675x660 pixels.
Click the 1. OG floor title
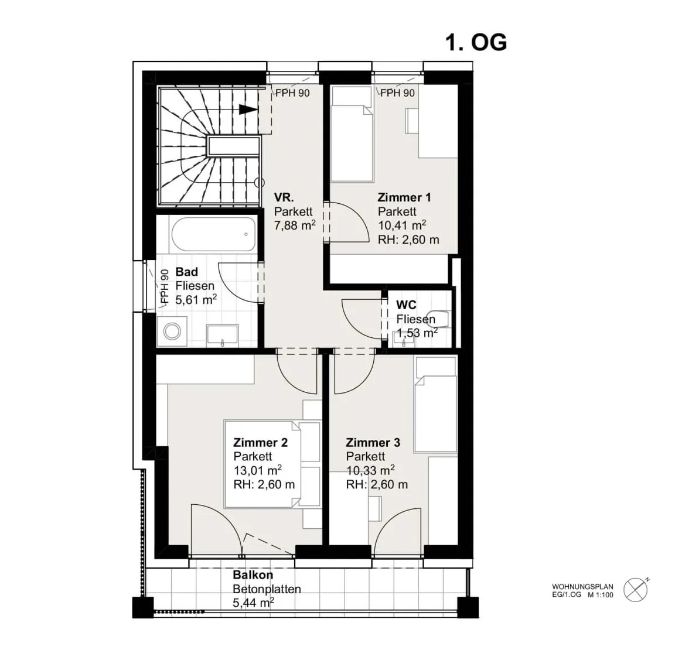coord(476,43)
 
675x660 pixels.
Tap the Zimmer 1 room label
coord(404,197)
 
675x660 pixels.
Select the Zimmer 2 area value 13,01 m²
coord(258,470)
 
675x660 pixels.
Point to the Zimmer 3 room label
coord(373,442)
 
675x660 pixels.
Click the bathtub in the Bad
coord(213,234)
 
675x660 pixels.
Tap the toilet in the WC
coord(437,319)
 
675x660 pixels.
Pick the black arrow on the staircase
coord(248,110)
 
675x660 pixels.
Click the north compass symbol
coord(636,589)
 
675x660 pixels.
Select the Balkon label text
coord(253,575)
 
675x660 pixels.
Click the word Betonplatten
coord(267,589)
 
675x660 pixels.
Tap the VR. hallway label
coord(284,197)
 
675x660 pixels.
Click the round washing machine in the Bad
coord(172,331)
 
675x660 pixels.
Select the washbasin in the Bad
coord(222,336)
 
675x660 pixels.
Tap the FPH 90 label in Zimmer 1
coord(397,93)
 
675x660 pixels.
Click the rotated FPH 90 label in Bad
coord(165,286)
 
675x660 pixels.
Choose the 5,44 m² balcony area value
coord(254,603)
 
